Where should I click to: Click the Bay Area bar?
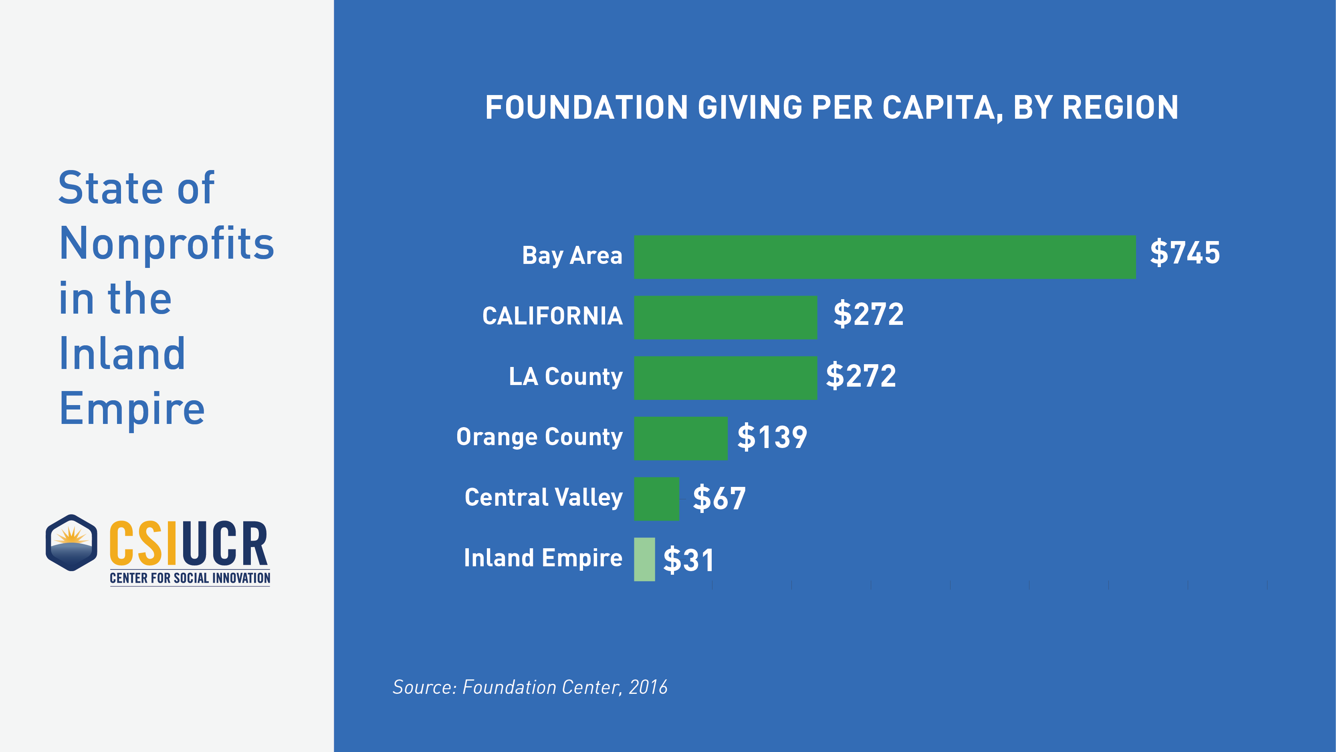884,257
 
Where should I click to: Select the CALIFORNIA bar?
725,317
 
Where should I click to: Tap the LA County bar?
725,378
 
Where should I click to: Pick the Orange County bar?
680,438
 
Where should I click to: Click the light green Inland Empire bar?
644,559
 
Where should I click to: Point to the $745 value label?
1185,253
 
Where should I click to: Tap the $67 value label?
719,498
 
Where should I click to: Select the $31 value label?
688,560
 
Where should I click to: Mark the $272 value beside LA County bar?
860,376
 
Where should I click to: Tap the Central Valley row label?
543,498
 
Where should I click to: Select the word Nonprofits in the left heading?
166,243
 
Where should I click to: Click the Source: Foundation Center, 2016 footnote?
529,687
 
